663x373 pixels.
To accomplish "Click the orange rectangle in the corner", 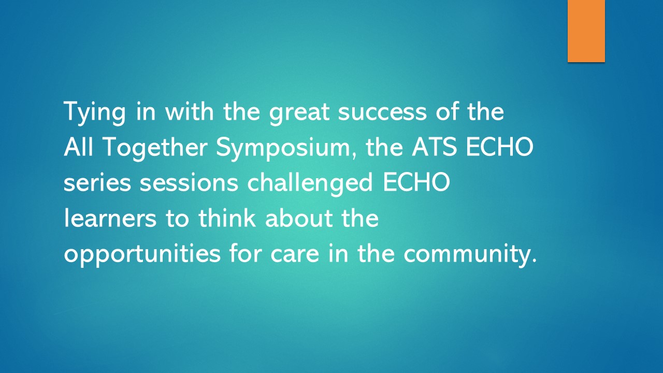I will (x=586, y=31).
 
